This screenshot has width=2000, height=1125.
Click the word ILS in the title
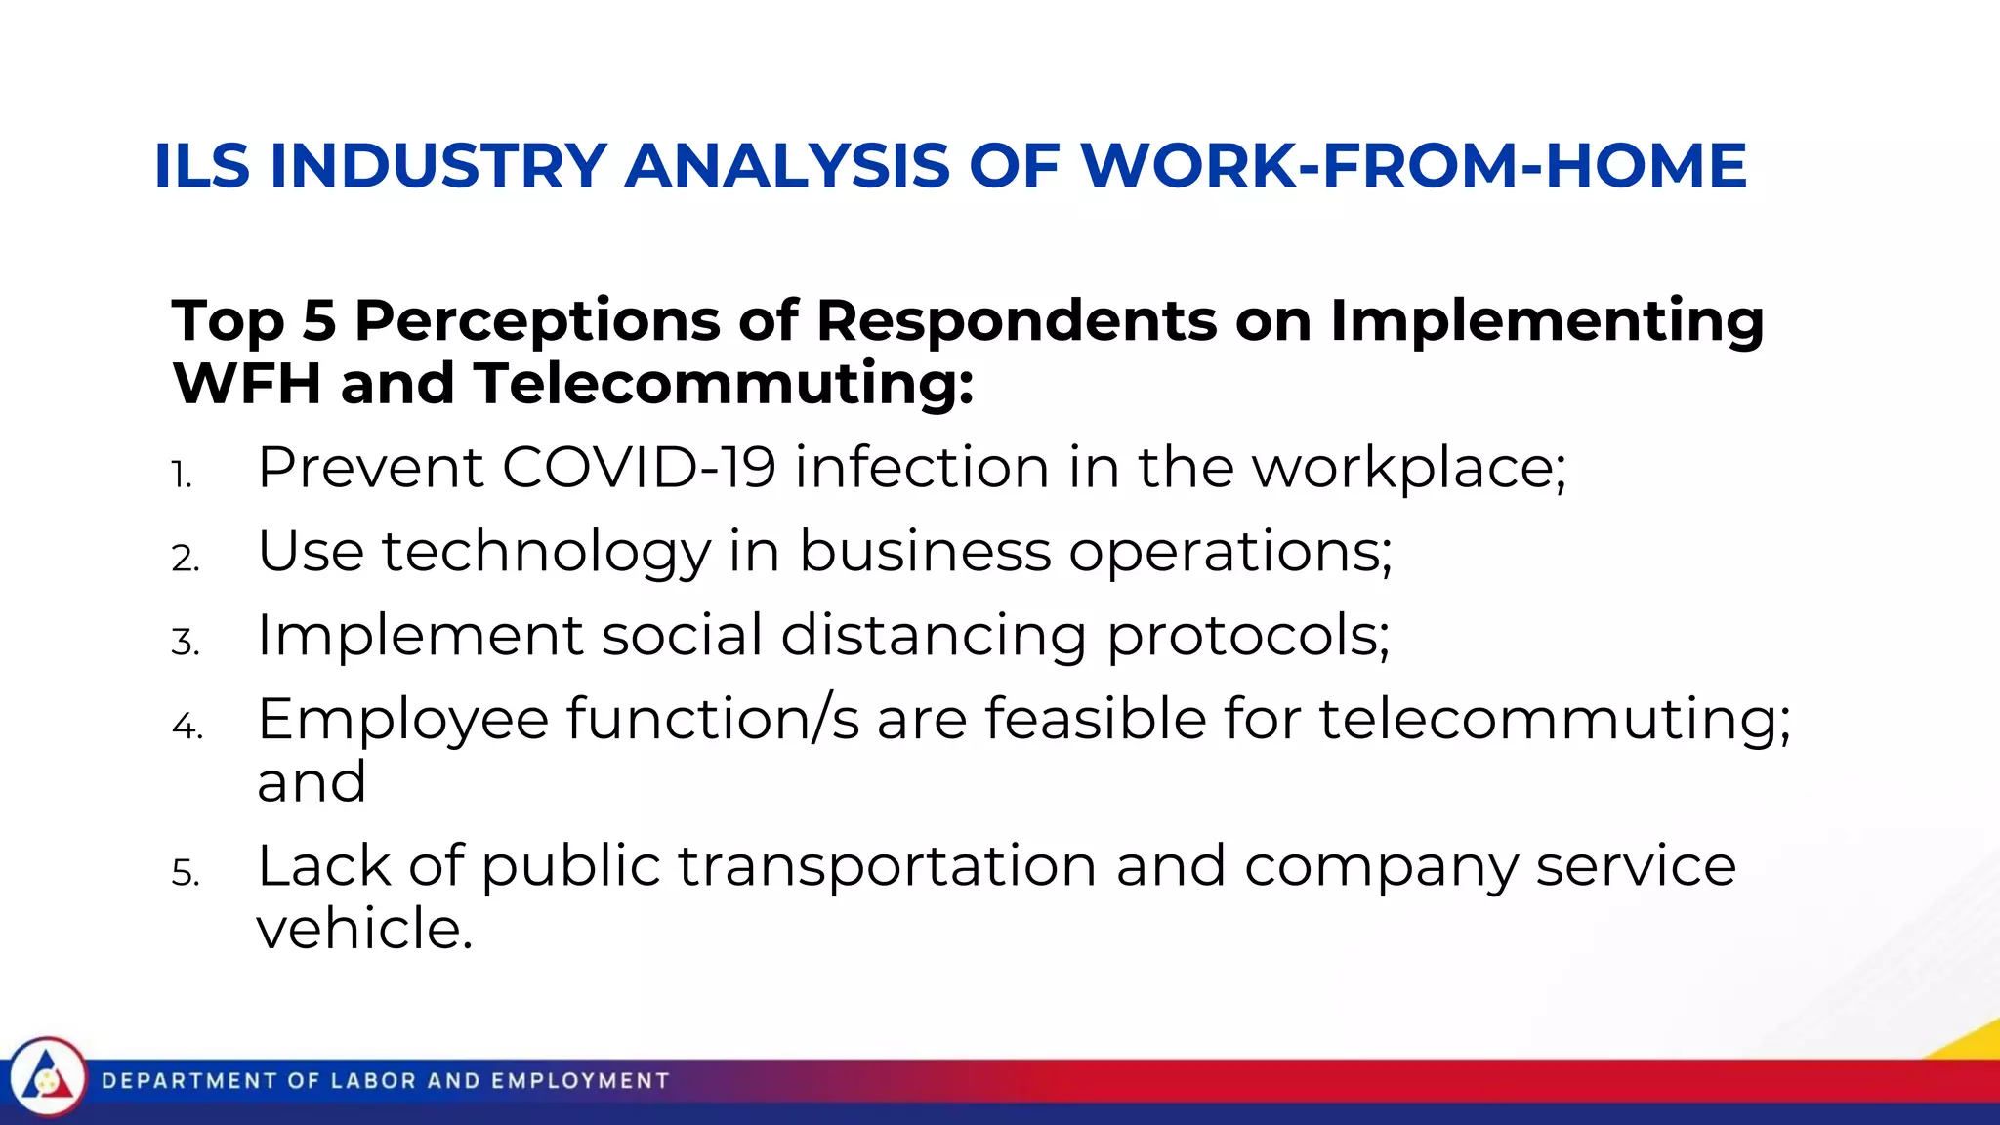(202, 165)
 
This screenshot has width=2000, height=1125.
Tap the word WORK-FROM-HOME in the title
(1413, 165)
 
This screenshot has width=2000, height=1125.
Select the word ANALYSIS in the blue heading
(786, 165)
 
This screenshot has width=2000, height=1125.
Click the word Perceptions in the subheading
(537, 321)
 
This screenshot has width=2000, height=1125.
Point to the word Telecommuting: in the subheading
(724, 383)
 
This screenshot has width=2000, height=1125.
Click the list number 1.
(182, 476)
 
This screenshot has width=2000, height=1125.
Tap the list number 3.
(185, 643)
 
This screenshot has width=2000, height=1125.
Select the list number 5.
(185, 873)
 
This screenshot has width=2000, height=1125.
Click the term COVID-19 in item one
(639, 467)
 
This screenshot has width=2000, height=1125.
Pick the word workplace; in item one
(1408, 469)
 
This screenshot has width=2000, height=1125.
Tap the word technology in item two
(546, 553)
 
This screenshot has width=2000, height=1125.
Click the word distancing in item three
(934, 636)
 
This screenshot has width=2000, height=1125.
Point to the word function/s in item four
(713, 720)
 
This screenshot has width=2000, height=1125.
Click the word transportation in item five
(888, 866)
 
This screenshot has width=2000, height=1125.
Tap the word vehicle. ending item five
(364, 929)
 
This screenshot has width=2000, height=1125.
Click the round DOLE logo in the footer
(46, 1080)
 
